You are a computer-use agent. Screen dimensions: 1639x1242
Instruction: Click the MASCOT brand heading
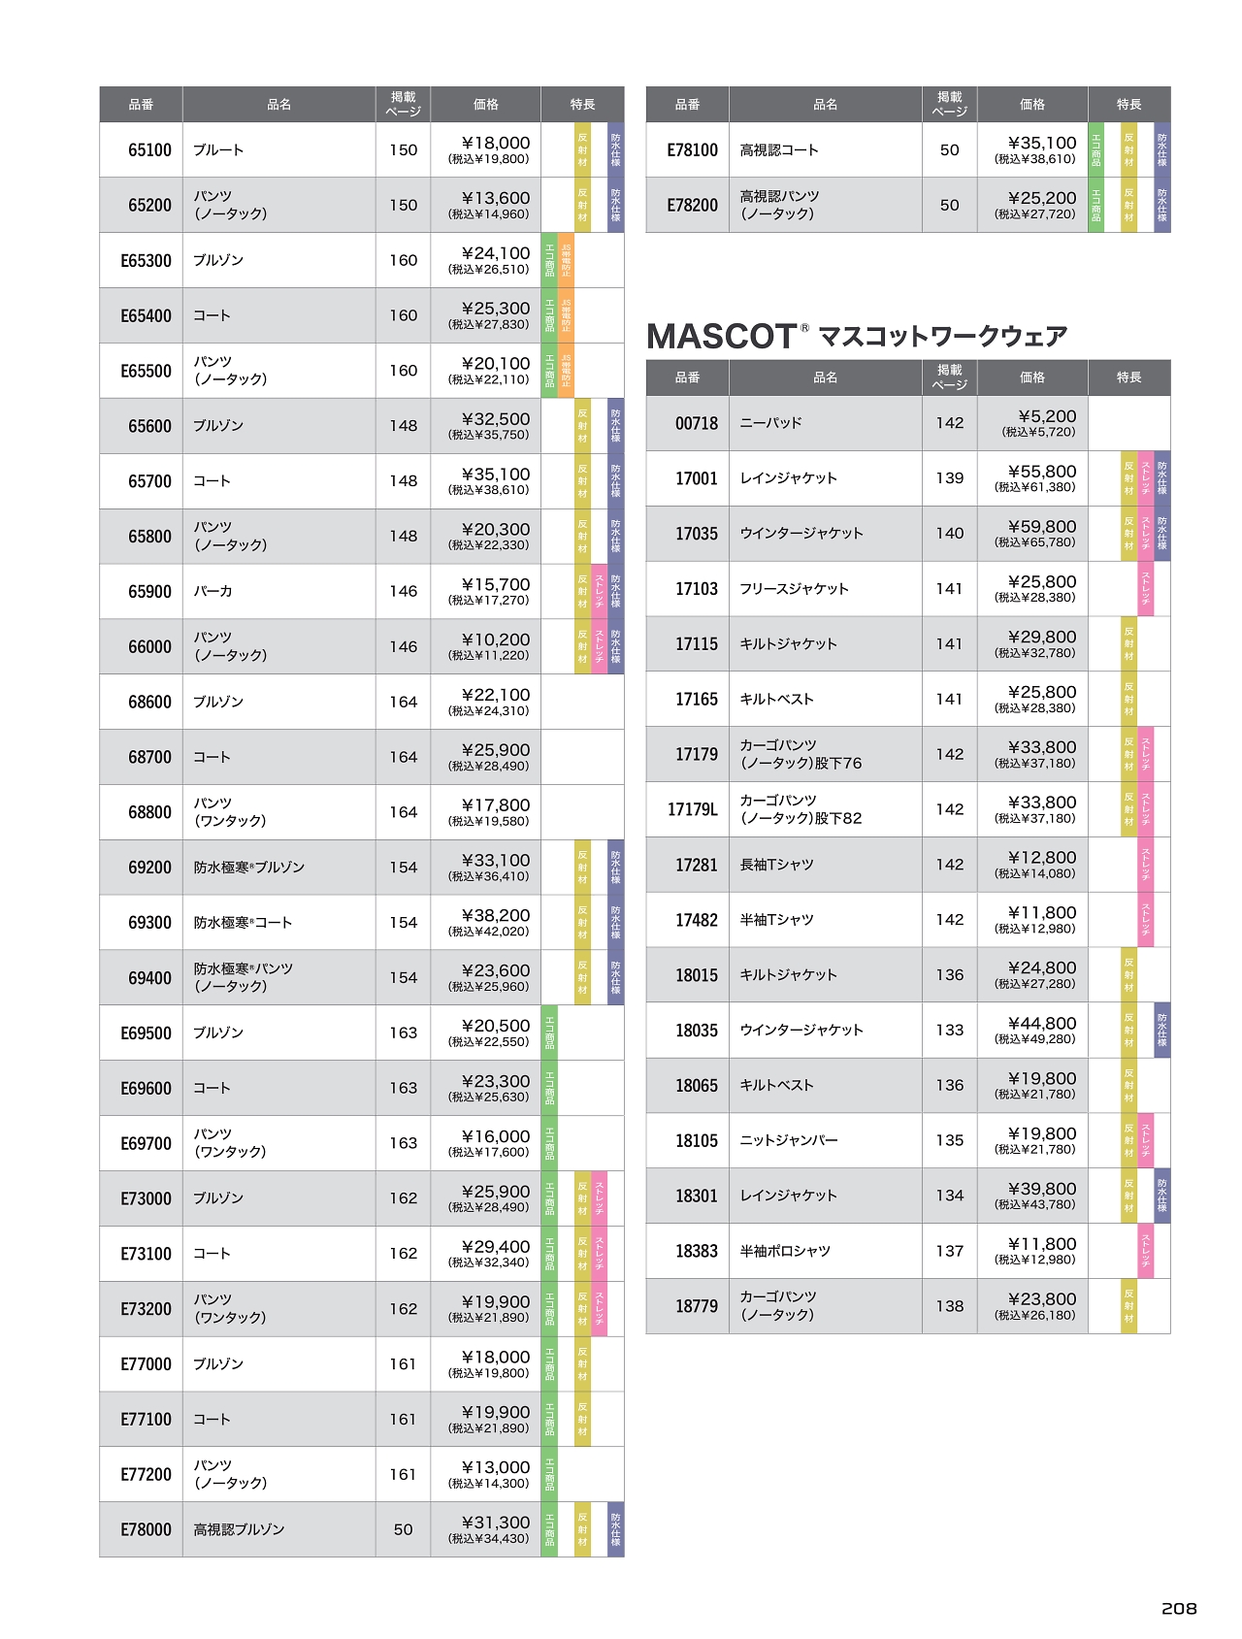tap(856, 336)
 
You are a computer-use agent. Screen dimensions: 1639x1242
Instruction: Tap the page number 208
tap(1179, 1608)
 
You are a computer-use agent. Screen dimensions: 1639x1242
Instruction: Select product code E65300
tap(146, 260)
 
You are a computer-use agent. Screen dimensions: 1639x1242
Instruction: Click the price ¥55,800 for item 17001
tap(1041, 472)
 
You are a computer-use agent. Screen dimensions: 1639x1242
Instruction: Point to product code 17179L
tap(692, 809)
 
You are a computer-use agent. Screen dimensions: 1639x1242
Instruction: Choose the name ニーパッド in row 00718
tap(770, 423)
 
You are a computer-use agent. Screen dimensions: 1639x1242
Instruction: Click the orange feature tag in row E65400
tap(566, 315)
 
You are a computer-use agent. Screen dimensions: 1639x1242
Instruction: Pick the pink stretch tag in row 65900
tap(599, 591)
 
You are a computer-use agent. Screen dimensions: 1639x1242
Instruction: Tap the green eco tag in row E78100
tap(1095, 149)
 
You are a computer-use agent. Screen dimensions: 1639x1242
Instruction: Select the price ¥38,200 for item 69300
tap(495, 915)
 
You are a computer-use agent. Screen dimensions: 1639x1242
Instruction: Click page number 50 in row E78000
tap(403, 1529)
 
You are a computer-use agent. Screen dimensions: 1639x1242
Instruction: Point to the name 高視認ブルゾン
tap(239, 1529)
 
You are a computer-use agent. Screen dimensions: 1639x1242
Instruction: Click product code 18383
tap(696, 1251)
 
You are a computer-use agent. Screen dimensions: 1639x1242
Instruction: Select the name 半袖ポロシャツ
tap(784, 1251)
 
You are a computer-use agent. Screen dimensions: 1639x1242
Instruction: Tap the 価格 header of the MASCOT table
tap(1031, 377)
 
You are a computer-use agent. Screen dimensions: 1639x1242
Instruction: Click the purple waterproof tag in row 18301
tap(1161, 1196)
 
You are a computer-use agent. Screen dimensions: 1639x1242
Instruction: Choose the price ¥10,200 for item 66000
tap(495, 639)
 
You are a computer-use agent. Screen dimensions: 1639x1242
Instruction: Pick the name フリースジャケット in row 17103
tap(794, 588)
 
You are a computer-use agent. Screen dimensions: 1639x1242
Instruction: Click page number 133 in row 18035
tap(949, 1030)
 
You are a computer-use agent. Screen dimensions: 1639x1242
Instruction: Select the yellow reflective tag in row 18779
tap(1128, 1306)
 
